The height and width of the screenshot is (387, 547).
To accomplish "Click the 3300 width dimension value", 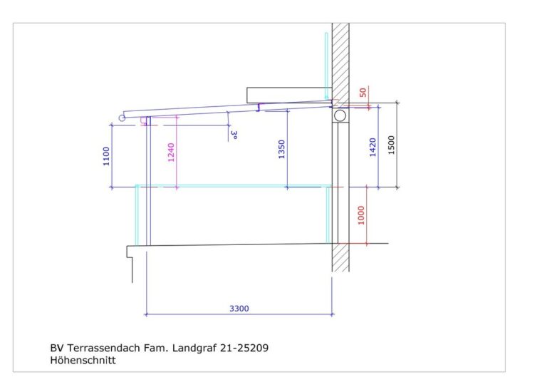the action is coord(239,309).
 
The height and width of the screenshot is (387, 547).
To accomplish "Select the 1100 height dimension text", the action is coord(106,156).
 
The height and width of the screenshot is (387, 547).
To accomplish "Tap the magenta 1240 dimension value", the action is coord(171,153).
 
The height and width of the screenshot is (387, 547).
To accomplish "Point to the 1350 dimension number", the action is coord(281,150).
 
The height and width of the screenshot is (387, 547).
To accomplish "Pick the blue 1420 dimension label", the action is coord(373,148).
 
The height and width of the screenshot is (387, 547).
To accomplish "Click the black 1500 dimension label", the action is coord(391,145).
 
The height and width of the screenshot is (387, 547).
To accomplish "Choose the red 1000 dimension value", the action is coord(361,215).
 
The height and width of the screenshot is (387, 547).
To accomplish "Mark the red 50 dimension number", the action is coord(363,93).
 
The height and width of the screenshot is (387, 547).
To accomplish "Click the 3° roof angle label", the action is coord(234,135).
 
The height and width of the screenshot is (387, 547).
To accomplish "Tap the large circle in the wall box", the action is coord(340,115).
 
